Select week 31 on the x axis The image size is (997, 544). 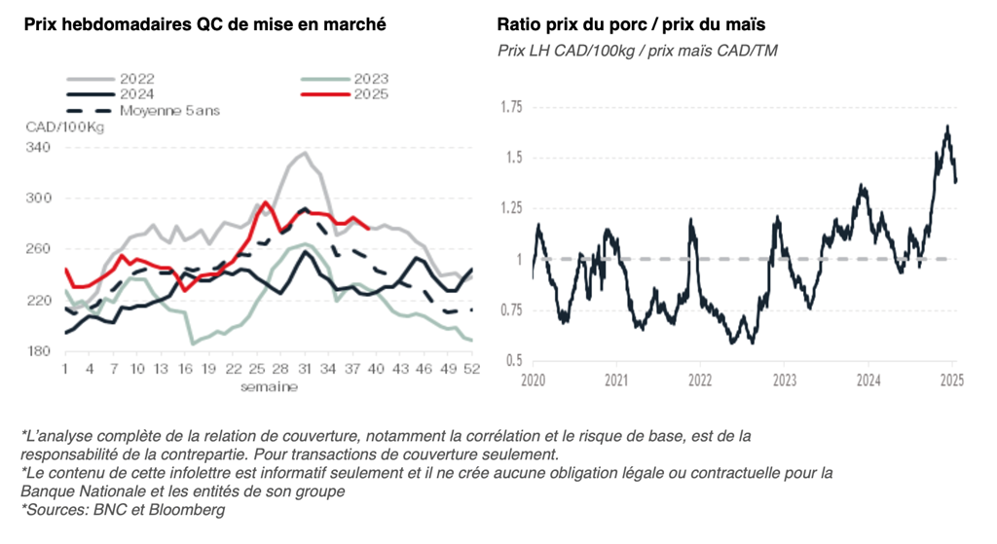tap(304, 370)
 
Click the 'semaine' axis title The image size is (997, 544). tap(270, 386)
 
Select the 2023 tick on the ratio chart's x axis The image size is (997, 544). tap(784, 379)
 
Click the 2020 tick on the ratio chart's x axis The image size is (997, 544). tap(533, 379)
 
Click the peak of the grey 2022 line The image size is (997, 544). tap(305, 153)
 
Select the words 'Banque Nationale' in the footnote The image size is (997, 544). tap(74, 490)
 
